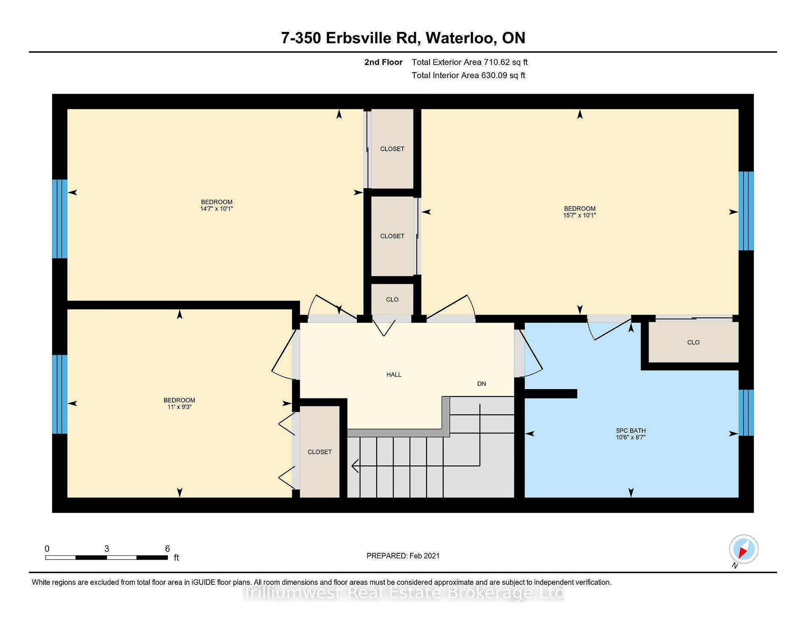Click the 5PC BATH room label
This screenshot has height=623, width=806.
631,430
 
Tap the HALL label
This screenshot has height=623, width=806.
394,374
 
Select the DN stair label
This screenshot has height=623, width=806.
482,384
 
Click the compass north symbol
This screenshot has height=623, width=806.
743,550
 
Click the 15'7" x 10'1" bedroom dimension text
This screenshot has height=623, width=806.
580,215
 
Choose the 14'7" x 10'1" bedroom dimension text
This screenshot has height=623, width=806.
217,209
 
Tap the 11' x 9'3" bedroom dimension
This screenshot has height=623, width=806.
179,407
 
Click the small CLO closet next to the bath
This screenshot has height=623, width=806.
693,342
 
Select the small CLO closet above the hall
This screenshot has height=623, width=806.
392,299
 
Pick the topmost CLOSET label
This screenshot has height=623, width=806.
392,149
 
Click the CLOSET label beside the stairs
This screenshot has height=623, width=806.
319,452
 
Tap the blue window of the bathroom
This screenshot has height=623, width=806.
746,413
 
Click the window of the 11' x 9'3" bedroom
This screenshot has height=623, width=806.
60,394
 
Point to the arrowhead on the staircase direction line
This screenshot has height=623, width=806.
355,466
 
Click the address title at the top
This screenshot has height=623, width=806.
403,38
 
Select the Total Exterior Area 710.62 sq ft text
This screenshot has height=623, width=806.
469,62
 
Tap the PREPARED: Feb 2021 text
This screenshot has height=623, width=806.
403,556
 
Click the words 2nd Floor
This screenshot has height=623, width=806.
383,62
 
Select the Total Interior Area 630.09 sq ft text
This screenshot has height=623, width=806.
468,76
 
